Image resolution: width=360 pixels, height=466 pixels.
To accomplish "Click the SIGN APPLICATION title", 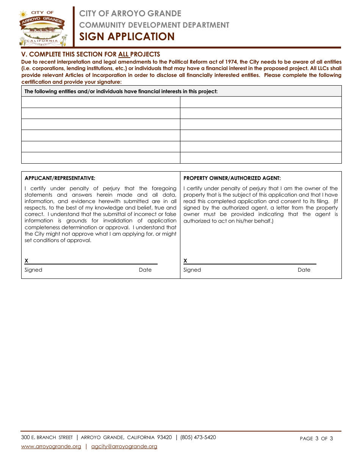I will coord(127,36).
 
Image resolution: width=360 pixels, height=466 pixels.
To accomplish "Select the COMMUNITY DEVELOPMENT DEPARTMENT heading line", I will coord(154,25).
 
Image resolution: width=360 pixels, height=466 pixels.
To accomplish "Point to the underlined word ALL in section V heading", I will coord(124,54).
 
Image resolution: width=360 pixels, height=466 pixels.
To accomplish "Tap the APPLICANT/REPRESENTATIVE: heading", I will coord(60,178).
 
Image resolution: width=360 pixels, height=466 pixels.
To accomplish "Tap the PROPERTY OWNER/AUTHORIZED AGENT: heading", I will coord(232,178).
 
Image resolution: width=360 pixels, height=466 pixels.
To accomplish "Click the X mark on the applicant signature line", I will coord(27,261).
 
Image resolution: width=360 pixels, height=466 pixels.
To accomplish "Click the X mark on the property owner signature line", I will coord(185,261).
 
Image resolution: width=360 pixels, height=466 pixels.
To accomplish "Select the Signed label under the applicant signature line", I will coord(33,270).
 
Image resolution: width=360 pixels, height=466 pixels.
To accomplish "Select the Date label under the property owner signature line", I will coord(304,270).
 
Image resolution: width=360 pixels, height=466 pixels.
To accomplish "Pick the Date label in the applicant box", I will coord(145,270).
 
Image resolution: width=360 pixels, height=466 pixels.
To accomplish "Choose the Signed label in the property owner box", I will coord(192,270).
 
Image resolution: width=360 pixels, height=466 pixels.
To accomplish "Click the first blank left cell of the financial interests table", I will coord(100,102).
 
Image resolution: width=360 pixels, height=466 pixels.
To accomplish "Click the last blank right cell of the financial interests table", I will coord(261,158).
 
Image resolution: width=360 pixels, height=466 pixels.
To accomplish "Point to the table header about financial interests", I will coord(121,91).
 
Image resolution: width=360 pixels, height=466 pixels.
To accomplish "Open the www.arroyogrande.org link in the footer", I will coord(51,446).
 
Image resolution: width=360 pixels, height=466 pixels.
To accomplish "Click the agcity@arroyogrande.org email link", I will coord(124,446).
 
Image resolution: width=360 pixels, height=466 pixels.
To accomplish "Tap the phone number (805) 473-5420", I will coord(198,437).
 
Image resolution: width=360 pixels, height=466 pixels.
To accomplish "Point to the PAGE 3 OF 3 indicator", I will coord(316,438).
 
